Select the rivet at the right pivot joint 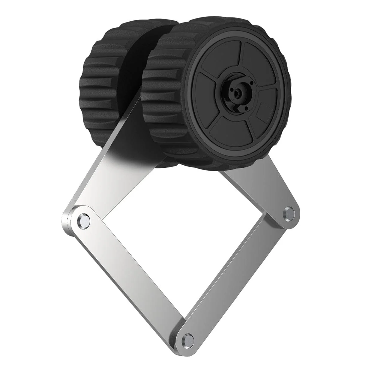(x=289, y=212)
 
